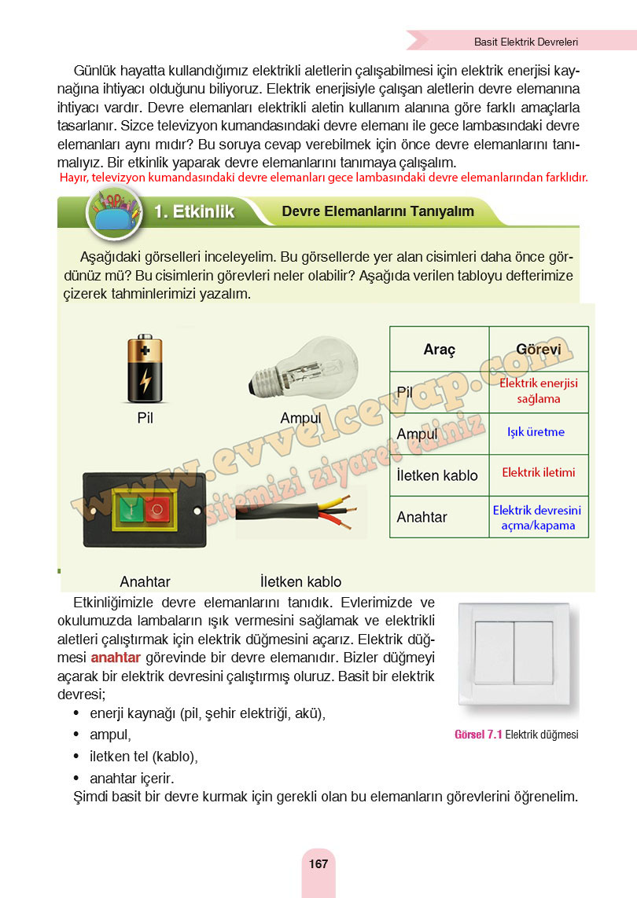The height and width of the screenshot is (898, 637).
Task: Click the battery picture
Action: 144,368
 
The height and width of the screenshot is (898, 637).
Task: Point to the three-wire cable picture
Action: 300,511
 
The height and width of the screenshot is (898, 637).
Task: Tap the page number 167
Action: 318,863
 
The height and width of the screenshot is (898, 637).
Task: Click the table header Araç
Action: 439,350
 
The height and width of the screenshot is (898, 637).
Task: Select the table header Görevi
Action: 538,350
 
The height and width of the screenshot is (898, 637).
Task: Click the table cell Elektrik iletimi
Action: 538,473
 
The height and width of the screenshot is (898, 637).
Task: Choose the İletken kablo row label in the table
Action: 437,475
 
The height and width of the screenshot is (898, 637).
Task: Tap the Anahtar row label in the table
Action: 422,517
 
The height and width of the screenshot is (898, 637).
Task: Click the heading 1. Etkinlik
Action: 193,211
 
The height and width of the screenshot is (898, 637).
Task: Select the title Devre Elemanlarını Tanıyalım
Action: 377,211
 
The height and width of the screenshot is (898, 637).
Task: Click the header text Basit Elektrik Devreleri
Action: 526,41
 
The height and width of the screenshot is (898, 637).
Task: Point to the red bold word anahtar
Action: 116,658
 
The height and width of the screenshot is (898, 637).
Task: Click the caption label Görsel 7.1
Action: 478,735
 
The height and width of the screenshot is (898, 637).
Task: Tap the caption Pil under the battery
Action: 145,417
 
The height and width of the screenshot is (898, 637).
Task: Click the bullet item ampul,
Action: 110,735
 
